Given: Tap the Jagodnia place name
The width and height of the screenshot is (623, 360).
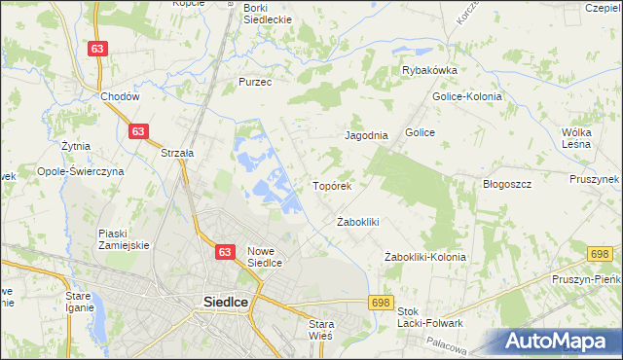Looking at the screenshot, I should pyautogui.click(x=366, y=136).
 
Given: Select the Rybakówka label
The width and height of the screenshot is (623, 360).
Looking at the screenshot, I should pyautogui.click(x=429, y=70).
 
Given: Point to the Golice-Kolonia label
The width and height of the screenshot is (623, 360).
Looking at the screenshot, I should pyautogui.click(x=467, y=97).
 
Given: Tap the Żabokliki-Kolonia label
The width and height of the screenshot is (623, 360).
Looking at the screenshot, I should pyautogui.click(x=425, y=257).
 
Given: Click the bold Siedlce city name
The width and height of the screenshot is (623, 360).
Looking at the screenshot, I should pyautogui.click(x=225, y=302).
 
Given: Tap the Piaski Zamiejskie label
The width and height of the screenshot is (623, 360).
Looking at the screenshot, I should pyautogui.click(x=124, y=239).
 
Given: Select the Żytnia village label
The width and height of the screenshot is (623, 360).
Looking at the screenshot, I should pyautogui.click(x=75, y=146).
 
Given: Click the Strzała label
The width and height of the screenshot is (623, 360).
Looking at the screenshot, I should pyautogui.click(x=177, y=153).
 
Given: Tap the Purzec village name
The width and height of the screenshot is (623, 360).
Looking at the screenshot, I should pyautogui.click(x=255, y=83).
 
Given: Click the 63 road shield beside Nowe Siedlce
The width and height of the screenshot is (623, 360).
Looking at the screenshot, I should pyautogui.click(x=225, y=252).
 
